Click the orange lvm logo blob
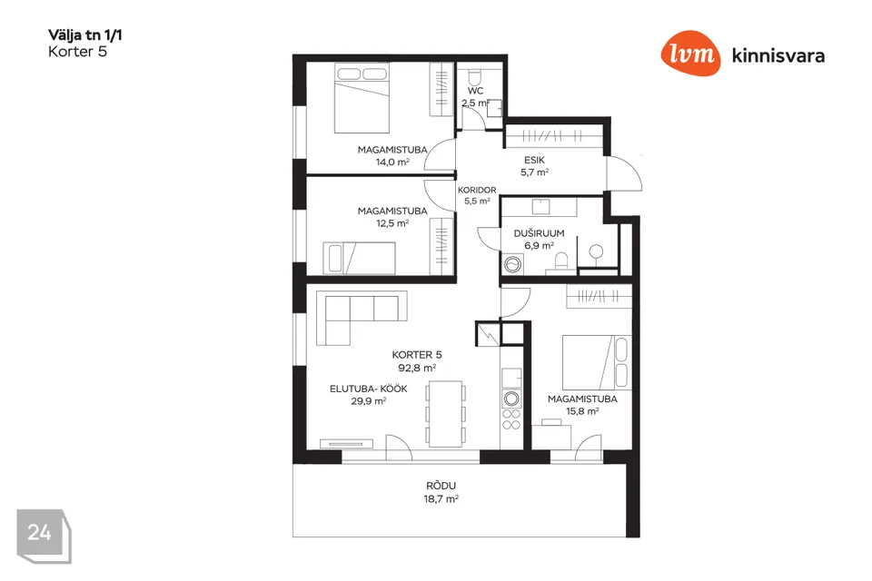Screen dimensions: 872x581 click(690, 53)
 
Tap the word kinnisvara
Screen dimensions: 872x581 click(778, 55)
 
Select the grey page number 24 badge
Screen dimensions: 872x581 click(44, 536)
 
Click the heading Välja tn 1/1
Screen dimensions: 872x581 click(85, 35)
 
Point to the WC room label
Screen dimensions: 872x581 click(475, 91)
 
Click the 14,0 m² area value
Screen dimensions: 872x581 click(392, 162)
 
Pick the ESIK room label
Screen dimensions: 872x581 click(534, 160)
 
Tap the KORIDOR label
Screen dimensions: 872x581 click(477, 190)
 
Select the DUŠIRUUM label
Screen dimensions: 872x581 click(539, 233)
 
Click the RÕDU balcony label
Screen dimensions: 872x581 click(441, 486)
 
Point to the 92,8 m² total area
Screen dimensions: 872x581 click(417, 368)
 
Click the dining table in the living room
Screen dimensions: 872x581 click(446, 413)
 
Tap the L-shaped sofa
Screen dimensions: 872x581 click(362, 318)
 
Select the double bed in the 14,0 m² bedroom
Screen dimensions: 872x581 click(362, 98)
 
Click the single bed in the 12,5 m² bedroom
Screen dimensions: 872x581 click(360, 258)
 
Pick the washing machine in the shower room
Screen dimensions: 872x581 click(512, 265)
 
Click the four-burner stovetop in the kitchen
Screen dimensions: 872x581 click(511, 419)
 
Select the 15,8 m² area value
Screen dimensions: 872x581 click(582, 411)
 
